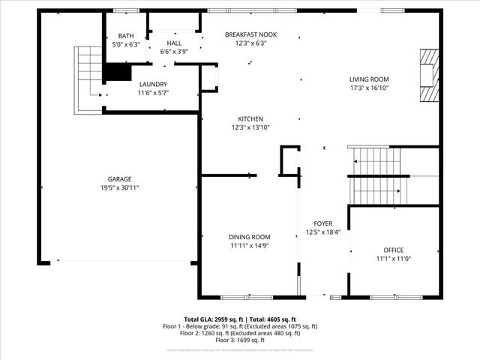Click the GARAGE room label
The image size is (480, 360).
click(x=119, y=178)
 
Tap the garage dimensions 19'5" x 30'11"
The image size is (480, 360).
click(x=119, y=187)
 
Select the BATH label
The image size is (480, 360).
click(x=126, y=36)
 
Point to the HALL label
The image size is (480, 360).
click(x=174, y=43)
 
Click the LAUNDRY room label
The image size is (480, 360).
click(x=152, y=84)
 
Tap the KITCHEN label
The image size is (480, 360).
click(x=250, y=119)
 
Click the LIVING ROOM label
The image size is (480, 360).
click(x=369, y=79)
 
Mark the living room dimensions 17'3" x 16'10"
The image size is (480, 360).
click(x=369, y=88)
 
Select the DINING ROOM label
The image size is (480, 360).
click(x=250, y=237)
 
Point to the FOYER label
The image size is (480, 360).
click(x=323, y=223)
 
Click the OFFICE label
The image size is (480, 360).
click(x=393, y=250)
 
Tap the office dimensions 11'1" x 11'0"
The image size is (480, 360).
click(x=393, y=259)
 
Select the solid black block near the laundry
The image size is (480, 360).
click(x=116, y=72)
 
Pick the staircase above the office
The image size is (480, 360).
click(x=379, y=176)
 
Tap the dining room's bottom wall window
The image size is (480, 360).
click(x=247, y=297)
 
